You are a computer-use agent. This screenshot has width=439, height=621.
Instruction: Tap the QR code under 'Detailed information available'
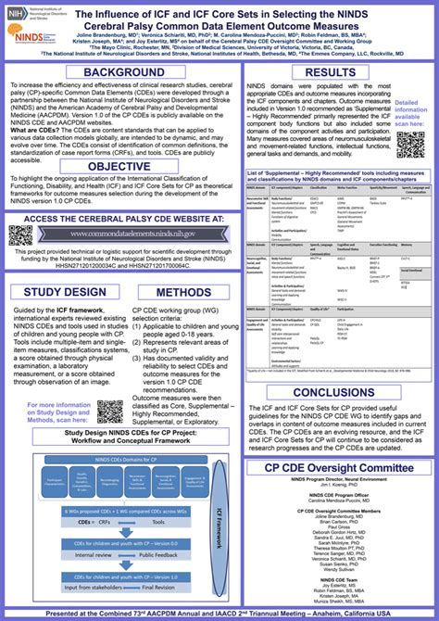point(409,144)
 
